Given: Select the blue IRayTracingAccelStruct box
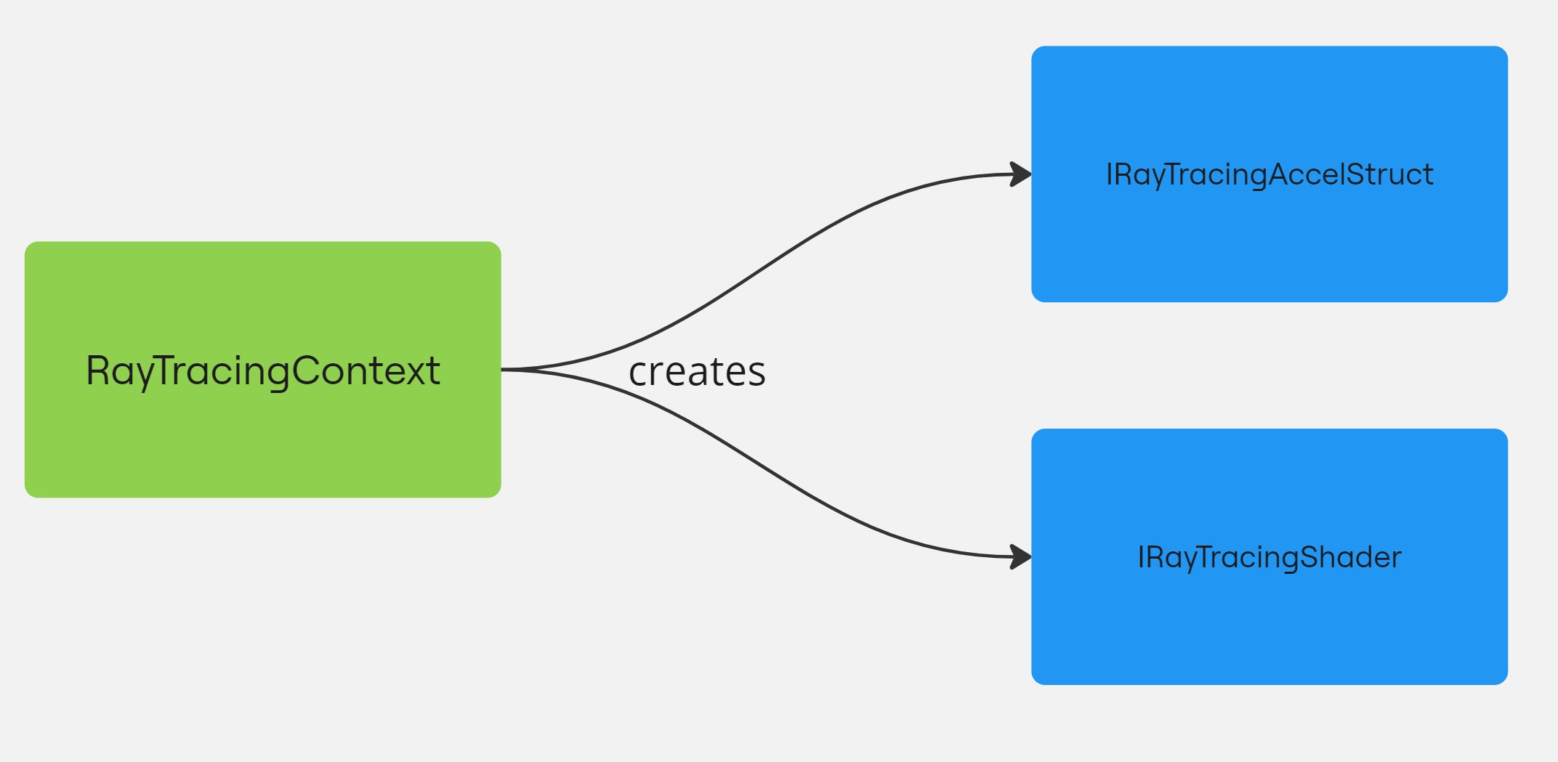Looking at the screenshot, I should [x=1269, y=240].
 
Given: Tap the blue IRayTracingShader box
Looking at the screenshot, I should [x=1269, y=625].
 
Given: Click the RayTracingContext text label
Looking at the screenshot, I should [x=262, y=371].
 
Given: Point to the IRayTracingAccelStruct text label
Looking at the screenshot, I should [x=1269, y=175].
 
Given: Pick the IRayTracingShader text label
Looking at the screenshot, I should [x=1269, y=557].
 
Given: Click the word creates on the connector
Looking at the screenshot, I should [x=696, y=372].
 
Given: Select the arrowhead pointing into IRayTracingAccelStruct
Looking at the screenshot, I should [x=1021, y=174].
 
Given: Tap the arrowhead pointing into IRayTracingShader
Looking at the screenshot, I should [x=1021, y=557].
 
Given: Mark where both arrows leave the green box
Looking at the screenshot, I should [x=504, y=370].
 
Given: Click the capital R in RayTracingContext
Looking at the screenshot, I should [x=97, y=370].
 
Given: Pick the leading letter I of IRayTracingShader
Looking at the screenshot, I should [x=1141, y=557].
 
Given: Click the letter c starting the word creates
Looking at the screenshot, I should [x=637, y=373].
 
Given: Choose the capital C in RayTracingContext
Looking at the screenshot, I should [x=307, y=370].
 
